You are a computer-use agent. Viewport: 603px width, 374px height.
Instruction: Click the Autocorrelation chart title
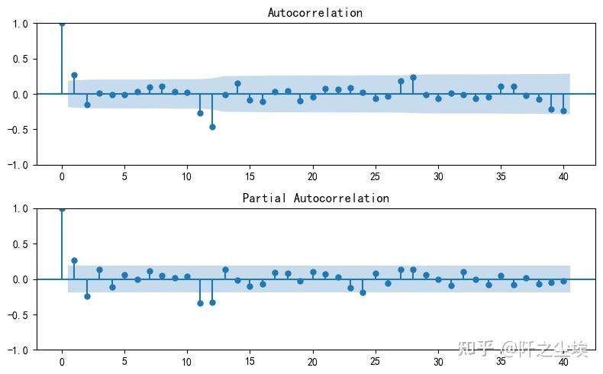[x=315, y=13]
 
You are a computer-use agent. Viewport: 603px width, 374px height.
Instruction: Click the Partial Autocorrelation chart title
[x=315, y=198]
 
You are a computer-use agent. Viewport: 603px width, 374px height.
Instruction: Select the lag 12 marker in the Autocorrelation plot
[x=212, y=127]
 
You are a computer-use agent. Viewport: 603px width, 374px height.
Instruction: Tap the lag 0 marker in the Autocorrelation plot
[x=62, y=24]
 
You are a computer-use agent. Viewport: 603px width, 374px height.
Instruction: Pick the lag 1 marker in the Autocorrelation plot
[x=74, y=75]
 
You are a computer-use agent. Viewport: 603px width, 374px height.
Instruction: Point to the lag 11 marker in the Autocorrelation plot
[x=200, y=113]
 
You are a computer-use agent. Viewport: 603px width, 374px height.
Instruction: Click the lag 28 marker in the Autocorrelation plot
[x=413, y=77]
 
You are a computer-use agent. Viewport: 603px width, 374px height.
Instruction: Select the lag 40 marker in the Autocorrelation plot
[x=563, y=111]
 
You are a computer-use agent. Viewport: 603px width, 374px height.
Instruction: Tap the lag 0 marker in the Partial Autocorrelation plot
[x=62, y=209]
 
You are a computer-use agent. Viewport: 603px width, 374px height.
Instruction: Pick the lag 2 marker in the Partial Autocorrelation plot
[x=87, y=296]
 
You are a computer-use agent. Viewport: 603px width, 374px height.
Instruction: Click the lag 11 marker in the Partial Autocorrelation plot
[x=200, y=303]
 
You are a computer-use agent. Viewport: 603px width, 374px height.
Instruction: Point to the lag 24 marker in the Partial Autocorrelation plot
[x=363, y=292]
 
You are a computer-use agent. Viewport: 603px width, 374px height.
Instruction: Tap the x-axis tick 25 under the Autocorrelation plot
[x=376, y=177]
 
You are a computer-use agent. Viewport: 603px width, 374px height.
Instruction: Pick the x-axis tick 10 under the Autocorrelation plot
[x=187, y=177]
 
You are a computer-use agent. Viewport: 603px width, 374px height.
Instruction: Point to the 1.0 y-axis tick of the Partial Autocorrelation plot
[x=21, y=209]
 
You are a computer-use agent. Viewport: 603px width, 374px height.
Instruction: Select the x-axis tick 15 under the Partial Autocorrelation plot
[x=250, y=363]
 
